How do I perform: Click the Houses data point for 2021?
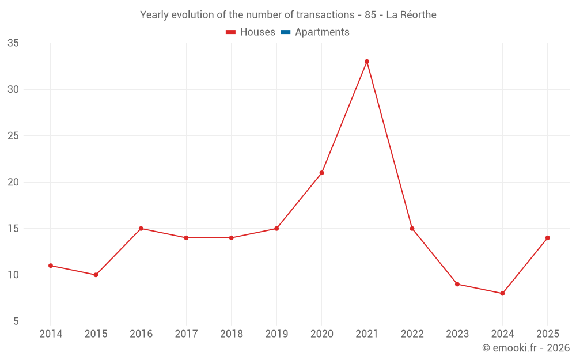[x=366, y=62]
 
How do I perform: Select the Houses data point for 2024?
[x=502, y=294]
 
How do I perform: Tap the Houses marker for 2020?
[x=321, y=173]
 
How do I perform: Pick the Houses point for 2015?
[x=96, y=275]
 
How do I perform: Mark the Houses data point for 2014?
[x=50, y=266]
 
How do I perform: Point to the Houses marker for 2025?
[x=547, y=238]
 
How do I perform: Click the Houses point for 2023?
[x=457, y=285]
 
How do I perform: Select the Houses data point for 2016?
[x=141, y=229]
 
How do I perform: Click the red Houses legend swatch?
[x=231, y=32]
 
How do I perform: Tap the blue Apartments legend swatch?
[x=286, y=32]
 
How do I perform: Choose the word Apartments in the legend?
[x=322, y=32]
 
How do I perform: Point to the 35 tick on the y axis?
[x=13, y=43]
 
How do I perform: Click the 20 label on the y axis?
[x=13, y=182]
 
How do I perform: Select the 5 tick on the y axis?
[x=16, y=321]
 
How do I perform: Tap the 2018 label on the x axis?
[x=232, y=334]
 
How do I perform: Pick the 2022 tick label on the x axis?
[x=412, y=334]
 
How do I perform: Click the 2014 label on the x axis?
[x=51, y=334]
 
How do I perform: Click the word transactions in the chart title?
[x=325, y=15]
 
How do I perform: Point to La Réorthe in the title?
[x=411, y=15]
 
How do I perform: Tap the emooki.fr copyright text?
[x=526, y=347]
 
